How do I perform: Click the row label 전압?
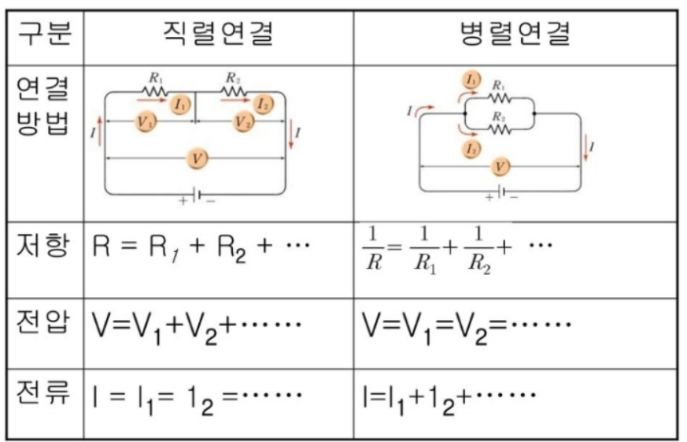point(45,324)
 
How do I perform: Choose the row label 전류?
point(45,392)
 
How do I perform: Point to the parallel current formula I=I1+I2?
point(449,392)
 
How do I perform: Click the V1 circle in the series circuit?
point(145,121)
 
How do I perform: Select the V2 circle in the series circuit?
point(243,121)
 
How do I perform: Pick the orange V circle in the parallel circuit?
point(498,166)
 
